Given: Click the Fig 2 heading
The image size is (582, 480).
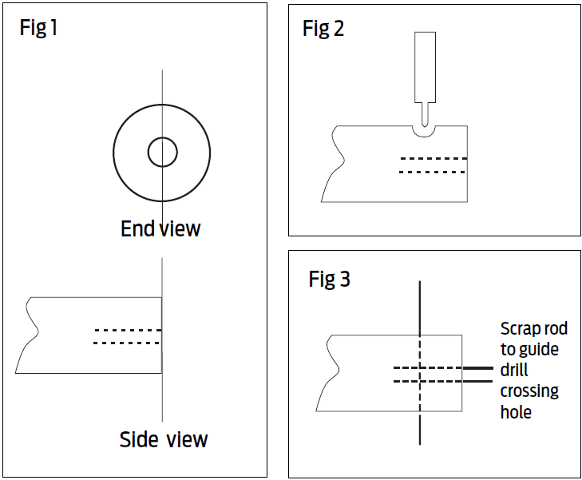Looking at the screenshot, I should (323, 30).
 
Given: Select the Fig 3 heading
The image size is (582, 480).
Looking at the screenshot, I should (329, 280).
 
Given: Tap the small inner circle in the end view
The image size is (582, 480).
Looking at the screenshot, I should (162, 152).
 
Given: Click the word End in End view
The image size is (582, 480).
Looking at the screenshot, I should (137, 229).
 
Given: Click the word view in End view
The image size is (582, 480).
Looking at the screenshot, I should (180, 229).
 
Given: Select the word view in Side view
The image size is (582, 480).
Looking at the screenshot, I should (187, 439).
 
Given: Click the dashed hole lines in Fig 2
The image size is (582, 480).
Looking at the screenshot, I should (432, 165).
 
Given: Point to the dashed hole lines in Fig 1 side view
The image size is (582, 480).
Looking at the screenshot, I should (128, 336).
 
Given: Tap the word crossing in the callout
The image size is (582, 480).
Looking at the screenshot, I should (529, 391).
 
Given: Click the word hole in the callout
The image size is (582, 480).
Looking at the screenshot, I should (516, 412).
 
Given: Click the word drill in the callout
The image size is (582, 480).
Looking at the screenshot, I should (514, 371).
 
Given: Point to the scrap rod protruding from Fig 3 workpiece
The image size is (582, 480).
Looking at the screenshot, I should (477, 375).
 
